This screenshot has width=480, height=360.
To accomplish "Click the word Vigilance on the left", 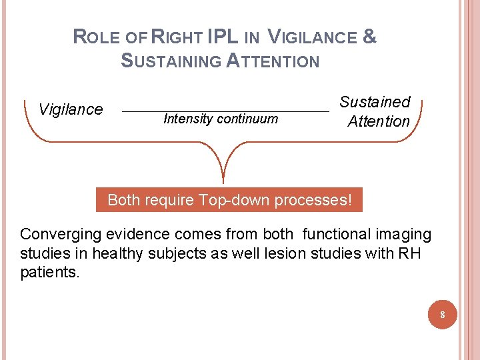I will [x=71, y=109].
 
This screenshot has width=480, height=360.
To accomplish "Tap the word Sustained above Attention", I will [x=375, y=102].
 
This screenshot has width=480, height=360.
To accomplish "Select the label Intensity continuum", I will [x=220, y=119].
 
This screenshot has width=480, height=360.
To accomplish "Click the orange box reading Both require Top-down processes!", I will [x=229, y=200].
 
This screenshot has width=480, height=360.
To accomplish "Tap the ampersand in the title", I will [x=370, y=38].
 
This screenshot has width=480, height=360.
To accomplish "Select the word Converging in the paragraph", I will [x=57, y=235].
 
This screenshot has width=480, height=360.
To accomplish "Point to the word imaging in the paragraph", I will [x=405, y=235].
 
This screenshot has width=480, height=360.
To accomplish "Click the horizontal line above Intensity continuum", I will [x=226, y=110].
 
